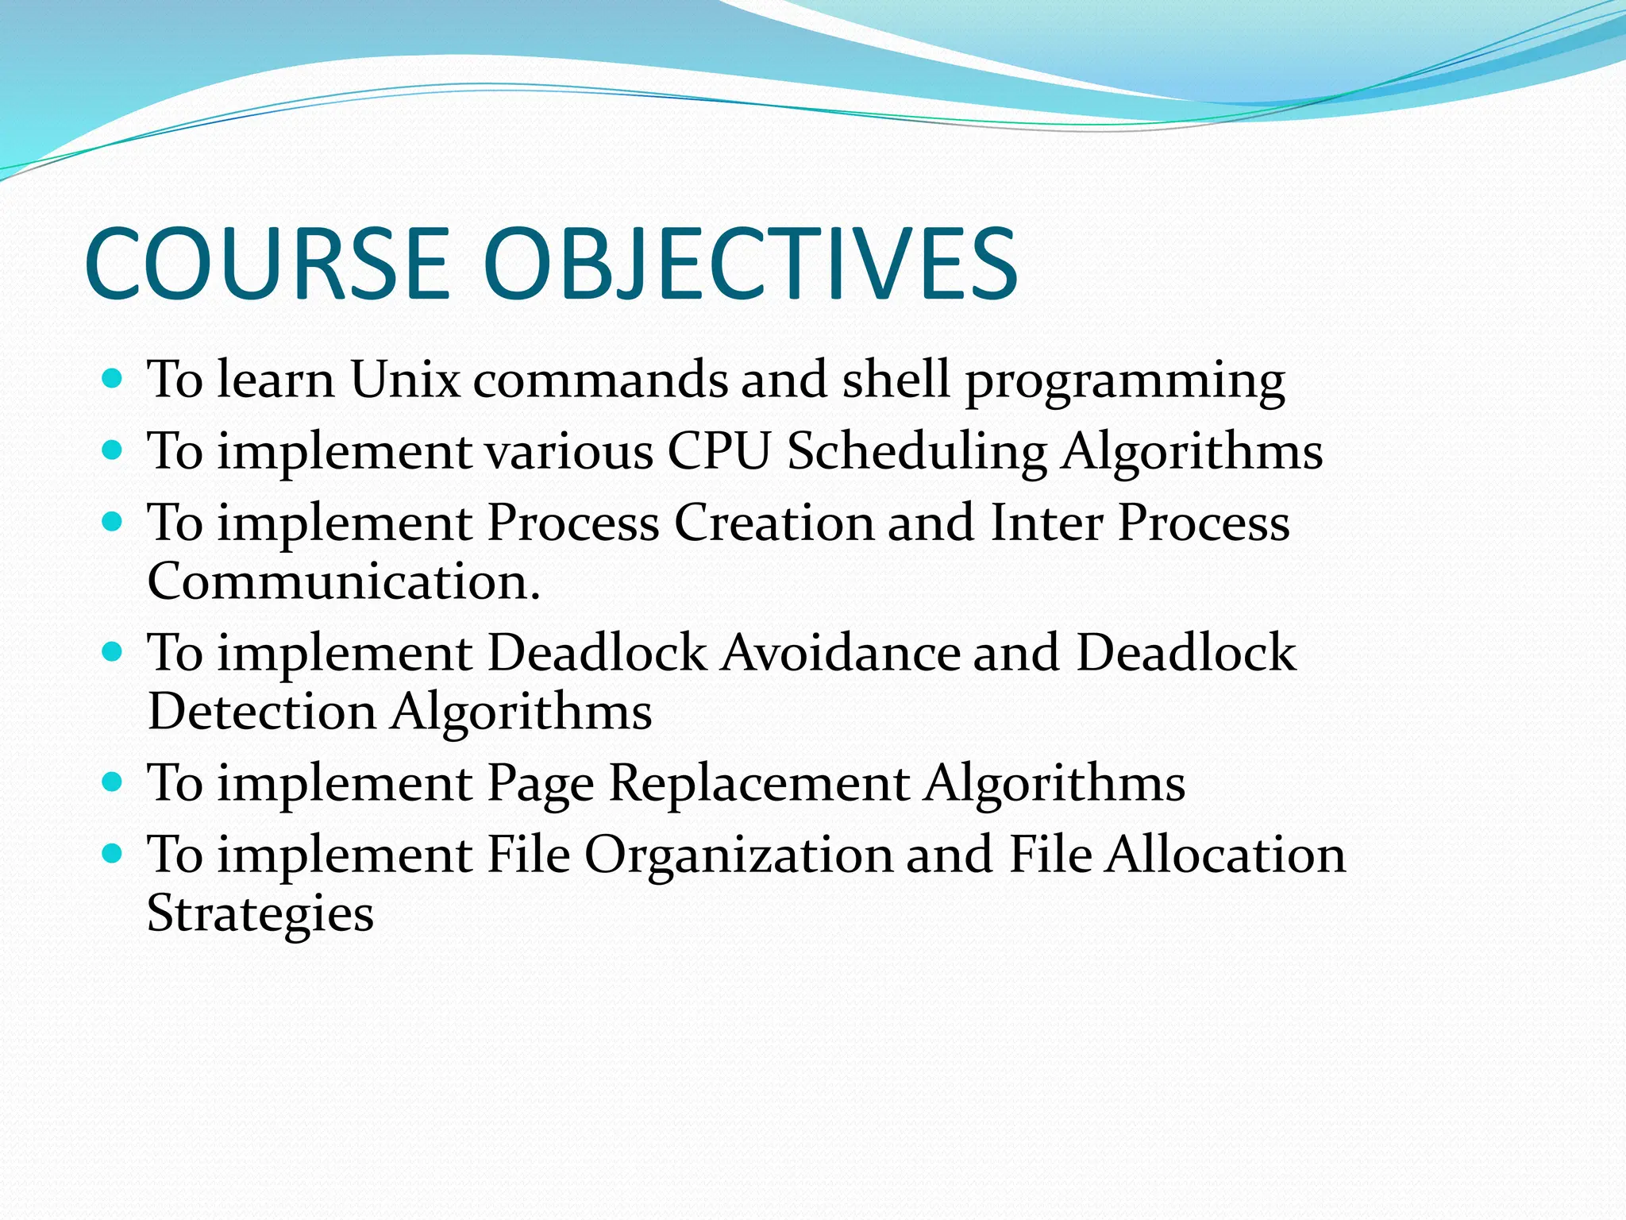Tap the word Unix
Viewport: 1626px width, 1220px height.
(405, 380)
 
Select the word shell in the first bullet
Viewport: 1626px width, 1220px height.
(896, 380)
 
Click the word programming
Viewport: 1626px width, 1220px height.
(1125, 383)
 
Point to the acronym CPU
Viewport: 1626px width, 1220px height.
(719, 451)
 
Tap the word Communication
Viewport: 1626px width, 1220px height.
(343, 581)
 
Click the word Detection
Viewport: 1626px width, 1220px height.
(261, 712)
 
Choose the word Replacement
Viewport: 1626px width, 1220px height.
(759, 784)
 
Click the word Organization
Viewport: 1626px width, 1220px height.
(739, 856)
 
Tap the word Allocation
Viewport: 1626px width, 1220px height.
(1225, 855)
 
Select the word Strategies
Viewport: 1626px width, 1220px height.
(260, 915)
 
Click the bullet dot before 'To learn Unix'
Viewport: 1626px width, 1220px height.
(113, 378)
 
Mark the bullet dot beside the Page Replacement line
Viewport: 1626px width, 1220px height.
(113, 782)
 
